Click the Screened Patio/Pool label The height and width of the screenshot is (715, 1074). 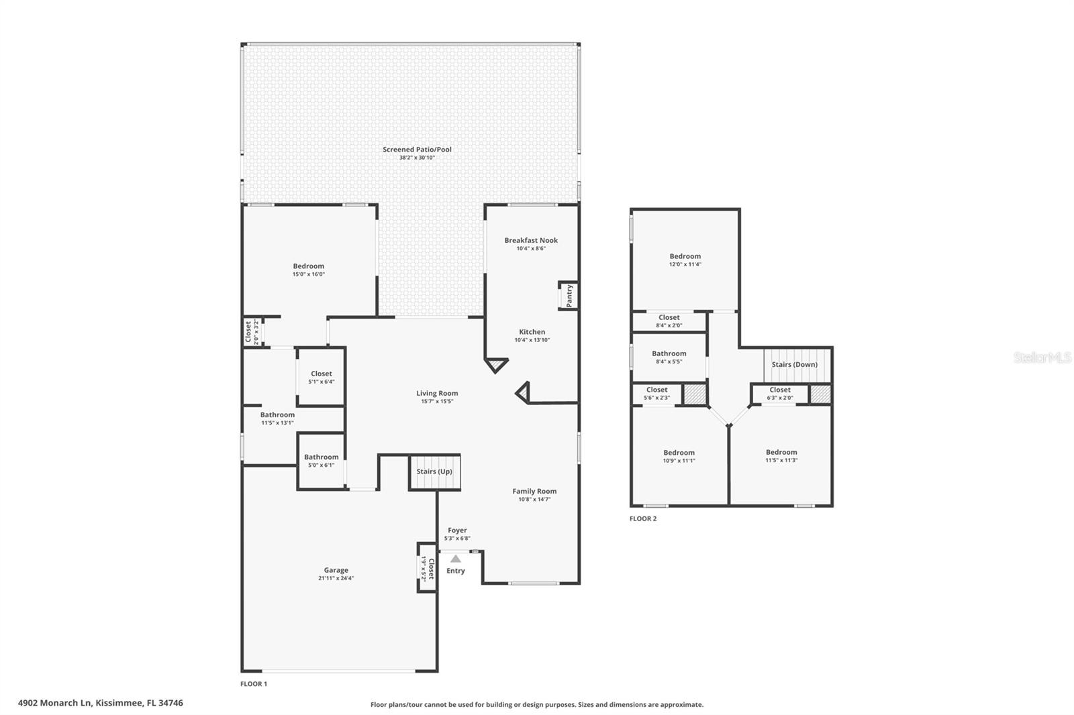pyautogui.click(x=417, y=150)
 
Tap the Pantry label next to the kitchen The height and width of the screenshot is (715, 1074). pyautogui.click(x=569, y=295)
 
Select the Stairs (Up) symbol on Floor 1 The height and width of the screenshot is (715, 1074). pyautogui.click(x=434, y=472)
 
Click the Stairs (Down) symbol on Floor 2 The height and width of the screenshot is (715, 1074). pyautogui.click(x=794, y=364)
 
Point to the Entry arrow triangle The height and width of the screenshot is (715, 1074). pyautogui.click(x=456, y=559)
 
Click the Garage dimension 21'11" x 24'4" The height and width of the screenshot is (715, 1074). pyautogui.click(x=336, y=578)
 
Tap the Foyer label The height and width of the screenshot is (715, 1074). pyautogui.click(x=457, y=531)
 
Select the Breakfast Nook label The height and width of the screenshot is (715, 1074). pyautogui.click(x=531, y=240)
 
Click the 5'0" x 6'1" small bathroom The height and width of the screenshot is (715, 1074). pyautogui.click(x=321, y=461)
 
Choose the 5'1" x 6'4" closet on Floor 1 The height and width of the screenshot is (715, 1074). pyautogui.click(x=321, y=377)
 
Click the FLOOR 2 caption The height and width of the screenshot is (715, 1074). pyautogui.click(x=643, y=518)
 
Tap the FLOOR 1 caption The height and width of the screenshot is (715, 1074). pyautogui.click(x=254, y=684)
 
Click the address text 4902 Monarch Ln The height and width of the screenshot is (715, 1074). pyautogui.click(x=101, y=703)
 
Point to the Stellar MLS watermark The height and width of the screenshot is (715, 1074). pyautogui.click(x=1042, y=357)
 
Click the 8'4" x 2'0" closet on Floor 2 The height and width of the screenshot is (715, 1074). pyautogui.click(x=669, y=321)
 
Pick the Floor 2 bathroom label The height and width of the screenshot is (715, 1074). pyautogui.click(x=669, y=353)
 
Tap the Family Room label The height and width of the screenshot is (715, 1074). pyautogui.click(x=534, y=491)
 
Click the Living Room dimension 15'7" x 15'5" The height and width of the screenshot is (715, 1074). pyautogui.click(x=436, y=402)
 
